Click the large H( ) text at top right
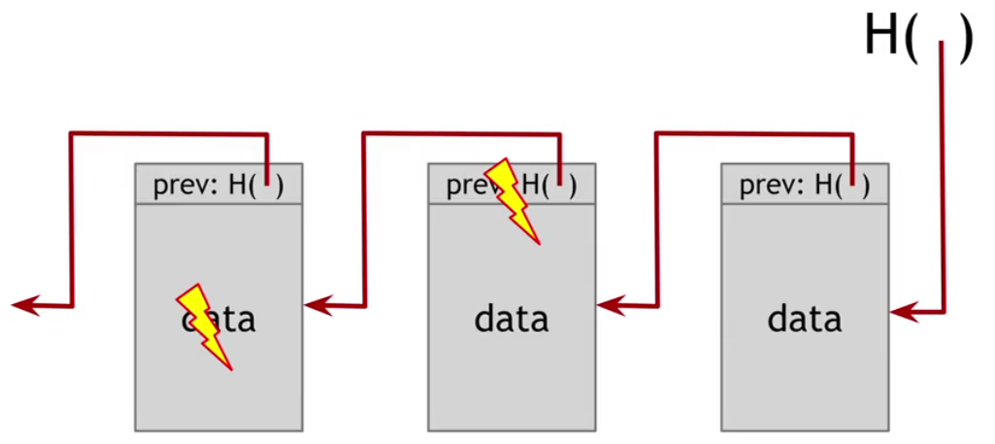tap(916, 39)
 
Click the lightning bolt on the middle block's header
tap(512, 200)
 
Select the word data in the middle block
tap(512, 319)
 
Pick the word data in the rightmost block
tap(805, 319)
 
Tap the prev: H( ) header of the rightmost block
tap(805, 185)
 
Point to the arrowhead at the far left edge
tap(24, 306)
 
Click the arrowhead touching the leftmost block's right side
tap(315, 306)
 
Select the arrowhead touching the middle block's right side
tap(609, 306)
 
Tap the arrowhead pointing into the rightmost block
tap(901, 312)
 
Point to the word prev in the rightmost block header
tap(760, 186)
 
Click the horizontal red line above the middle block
tap(461, 134)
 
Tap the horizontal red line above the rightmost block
tap(754, 134)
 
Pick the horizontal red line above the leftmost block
tap(168, 134)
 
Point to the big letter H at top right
tap(881, 39)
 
